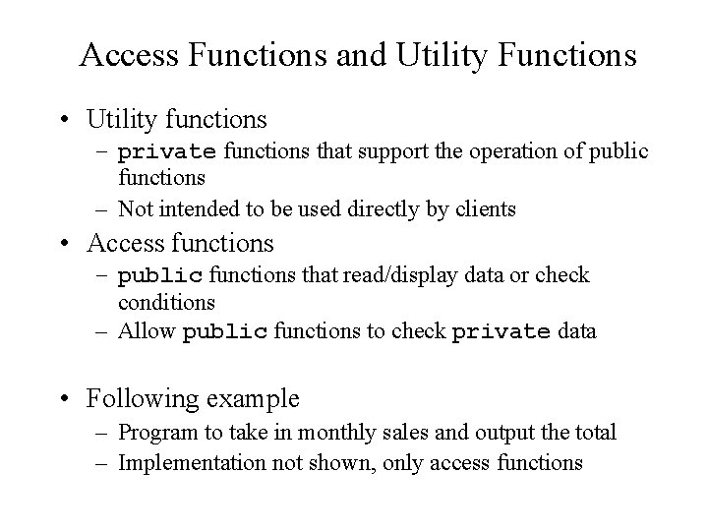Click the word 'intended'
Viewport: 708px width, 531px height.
click(x=189, y=209)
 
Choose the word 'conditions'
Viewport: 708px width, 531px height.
click(x=166, y=302)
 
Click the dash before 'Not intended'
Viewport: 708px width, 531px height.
click(x=103, y=209)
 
